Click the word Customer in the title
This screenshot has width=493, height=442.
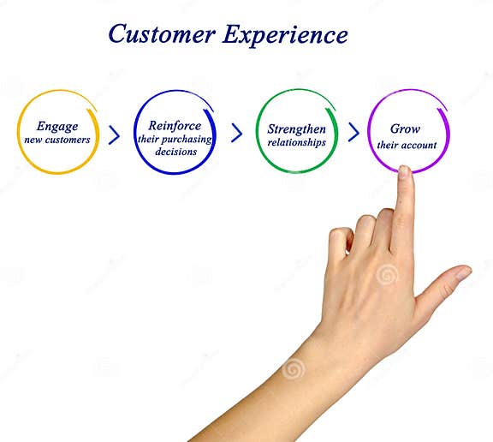pyautogui.click(x=161, y=34)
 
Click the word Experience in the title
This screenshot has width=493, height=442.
pyautogui.click(x=285, y=35)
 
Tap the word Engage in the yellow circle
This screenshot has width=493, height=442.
pyautogui.click(x=57, y=127)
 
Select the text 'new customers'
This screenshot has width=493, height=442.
pyautogui.click(x=57, y=140)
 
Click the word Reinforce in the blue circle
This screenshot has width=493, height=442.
pyautogui.click(x=175, y=126)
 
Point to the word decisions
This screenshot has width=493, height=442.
pyautogui.click(x=175, y=152)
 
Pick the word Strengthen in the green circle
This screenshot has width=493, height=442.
pyautogui.click(x=296, y=129)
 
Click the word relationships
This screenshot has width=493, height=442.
pyautogui.click(x=296, y=142)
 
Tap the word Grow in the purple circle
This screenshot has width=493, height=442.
pyautogui.click(x=406, y=128)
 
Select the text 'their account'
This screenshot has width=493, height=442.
pyautogui.click(x=407, y=145)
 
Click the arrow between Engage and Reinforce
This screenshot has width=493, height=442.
pyautogui.click(x=114, y=134)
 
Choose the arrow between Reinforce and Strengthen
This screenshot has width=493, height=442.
pyautogui.click(x=237, y=134)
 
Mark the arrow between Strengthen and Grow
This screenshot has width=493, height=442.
pyautogui.click(x=353, y=133)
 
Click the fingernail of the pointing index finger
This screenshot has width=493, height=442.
pyautogui.click(x=404, y=172)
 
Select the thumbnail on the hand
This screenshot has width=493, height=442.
pyautogui.click(x=463, y=273)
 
